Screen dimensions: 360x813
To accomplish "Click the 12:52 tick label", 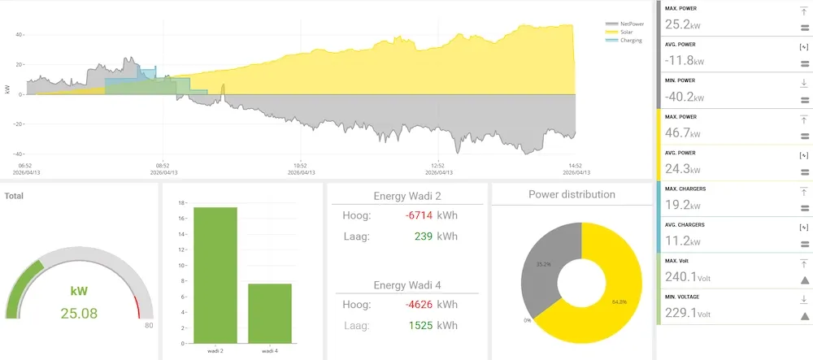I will pos(438,165).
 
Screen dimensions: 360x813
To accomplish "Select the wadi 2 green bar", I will pos(215,275).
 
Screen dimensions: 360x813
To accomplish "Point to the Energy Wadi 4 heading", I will pos(406,285).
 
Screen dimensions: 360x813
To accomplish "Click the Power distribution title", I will pos(572,194).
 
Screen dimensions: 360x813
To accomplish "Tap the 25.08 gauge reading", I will pos(79,313).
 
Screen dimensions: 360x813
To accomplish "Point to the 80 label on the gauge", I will pos(149,326).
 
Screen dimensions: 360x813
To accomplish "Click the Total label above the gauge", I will pos(14,196).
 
